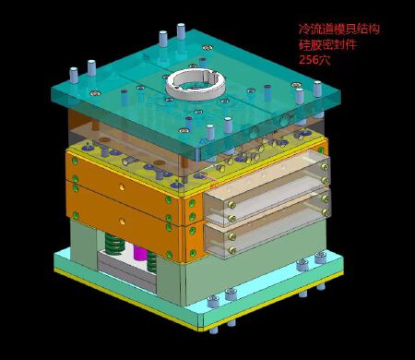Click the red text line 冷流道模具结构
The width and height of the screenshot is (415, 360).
click(x=338, y=29)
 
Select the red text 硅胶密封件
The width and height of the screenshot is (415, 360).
click(x=326, y=43)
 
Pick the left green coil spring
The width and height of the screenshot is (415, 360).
click(x=113, y=246)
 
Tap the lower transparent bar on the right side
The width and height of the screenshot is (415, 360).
click(x=268, y=222)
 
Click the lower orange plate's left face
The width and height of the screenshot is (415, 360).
click(x=120, y=222)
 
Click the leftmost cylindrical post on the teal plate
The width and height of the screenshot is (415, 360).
click(x=74, y=73)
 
